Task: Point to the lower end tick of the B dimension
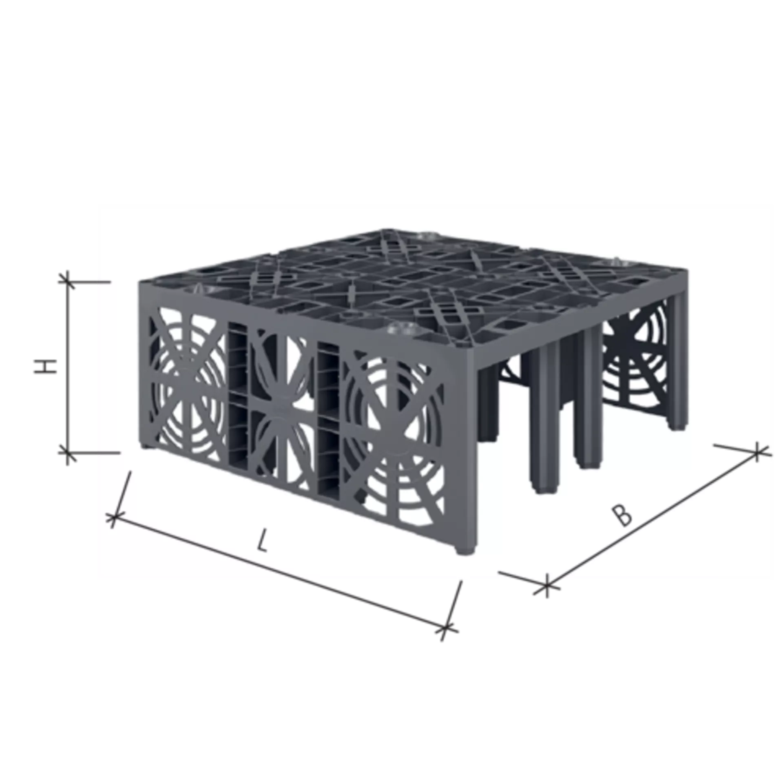[x=547, y=585]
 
